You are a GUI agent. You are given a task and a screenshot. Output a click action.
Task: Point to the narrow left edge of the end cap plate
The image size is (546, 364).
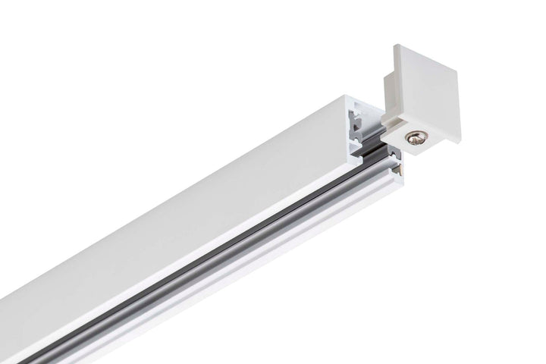(x=396, y=76)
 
